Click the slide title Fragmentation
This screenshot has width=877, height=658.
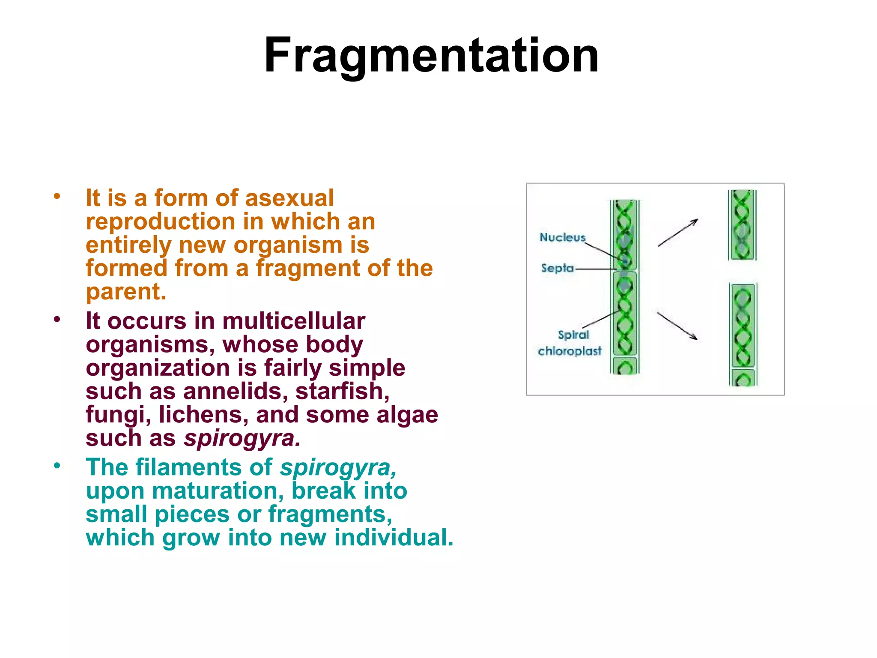(431, 56)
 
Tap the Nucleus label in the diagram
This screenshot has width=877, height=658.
(562, 237)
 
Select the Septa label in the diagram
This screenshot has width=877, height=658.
(557, 269)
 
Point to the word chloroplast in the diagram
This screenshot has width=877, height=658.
(570, 351)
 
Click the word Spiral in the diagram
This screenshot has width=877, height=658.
(573, 335)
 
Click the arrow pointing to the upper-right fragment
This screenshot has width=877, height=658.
(677, 233)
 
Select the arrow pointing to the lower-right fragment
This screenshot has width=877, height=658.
(677, 326)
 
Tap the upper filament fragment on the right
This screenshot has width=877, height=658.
(742, 225)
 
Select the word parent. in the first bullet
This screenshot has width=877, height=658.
(126, 292)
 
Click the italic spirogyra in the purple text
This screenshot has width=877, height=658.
(242, 438)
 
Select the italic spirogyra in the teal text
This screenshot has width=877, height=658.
(338, 467)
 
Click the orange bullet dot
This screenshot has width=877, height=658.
(57, 197)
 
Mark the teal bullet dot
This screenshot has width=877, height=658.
(57, 466)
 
